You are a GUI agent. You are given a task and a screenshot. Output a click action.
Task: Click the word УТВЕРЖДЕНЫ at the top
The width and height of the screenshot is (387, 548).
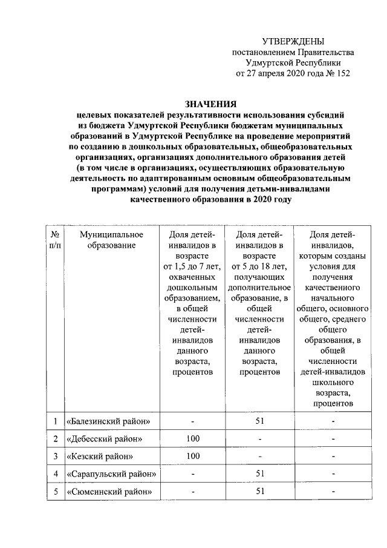[x=293, y=41]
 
